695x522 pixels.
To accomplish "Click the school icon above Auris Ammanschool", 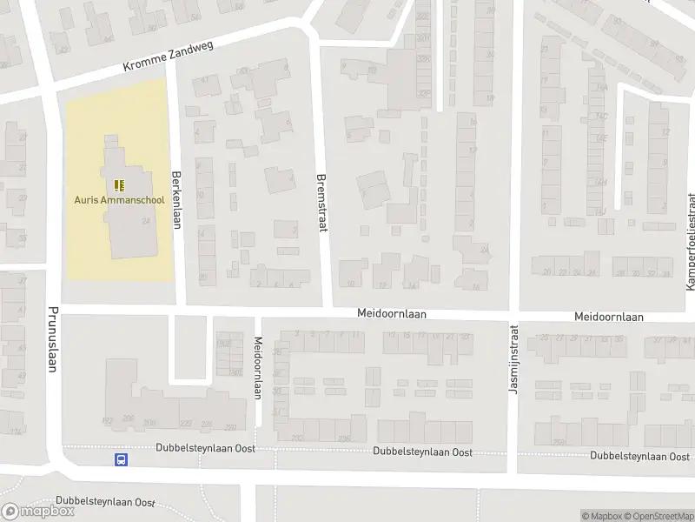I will point(119,184).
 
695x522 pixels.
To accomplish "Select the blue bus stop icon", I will point(121,460).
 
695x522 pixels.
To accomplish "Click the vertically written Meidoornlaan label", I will point(258,368).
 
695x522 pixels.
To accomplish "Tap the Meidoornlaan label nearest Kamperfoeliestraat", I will point(608,318).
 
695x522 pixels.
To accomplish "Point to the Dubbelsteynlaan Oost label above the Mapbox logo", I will point(104,502).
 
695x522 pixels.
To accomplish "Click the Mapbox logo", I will point(39,512).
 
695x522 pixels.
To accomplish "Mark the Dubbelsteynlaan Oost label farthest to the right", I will point(639,455).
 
